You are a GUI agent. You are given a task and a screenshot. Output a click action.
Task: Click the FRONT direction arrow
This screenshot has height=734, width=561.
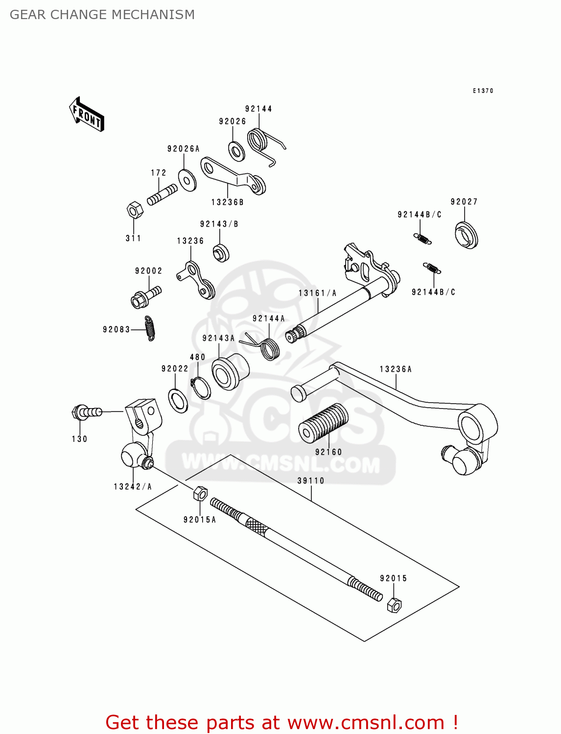click(x=87, y=115)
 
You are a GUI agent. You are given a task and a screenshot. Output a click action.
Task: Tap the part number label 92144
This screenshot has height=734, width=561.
click(x=258, y=109)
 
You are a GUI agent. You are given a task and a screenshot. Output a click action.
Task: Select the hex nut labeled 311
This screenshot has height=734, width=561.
click(x=134, y=210)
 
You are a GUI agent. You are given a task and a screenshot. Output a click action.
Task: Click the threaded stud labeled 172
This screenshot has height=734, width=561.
click(x=162, y=195)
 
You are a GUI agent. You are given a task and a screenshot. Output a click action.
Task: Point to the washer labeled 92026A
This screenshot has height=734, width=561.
click(x=187, y=180)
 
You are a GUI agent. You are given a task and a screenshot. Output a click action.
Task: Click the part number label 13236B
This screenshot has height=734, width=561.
click(x=227, y=202)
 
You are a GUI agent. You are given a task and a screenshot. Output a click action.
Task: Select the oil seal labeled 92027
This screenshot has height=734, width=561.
click(x=466, y=235)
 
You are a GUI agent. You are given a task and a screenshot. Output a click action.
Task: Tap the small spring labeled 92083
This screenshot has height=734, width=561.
click(x=150, y=328)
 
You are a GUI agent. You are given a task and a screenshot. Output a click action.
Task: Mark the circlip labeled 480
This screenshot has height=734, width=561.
click(x=201, y=388)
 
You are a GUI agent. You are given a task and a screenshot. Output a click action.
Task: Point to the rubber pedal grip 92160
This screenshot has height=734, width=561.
click(x=324, y=423)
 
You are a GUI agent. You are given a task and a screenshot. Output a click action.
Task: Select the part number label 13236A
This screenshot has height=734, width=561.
click(x=396, y=369)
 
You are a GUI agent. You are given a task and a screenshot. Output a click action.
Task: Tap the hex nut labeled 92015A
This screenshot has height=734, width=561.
click(x=200, y=494)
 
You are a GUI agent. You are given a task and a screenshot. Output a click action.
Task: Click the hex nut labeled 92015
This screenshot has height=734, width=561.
click(x=394, y=605)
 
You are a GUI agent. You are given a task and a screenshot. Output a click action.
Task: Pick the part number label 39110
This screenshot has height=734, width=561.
click(x=311, y=481)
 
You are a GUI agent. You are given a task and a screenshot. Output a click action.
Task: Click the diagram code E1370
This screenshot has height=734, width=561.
click(x=483, y=91)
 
